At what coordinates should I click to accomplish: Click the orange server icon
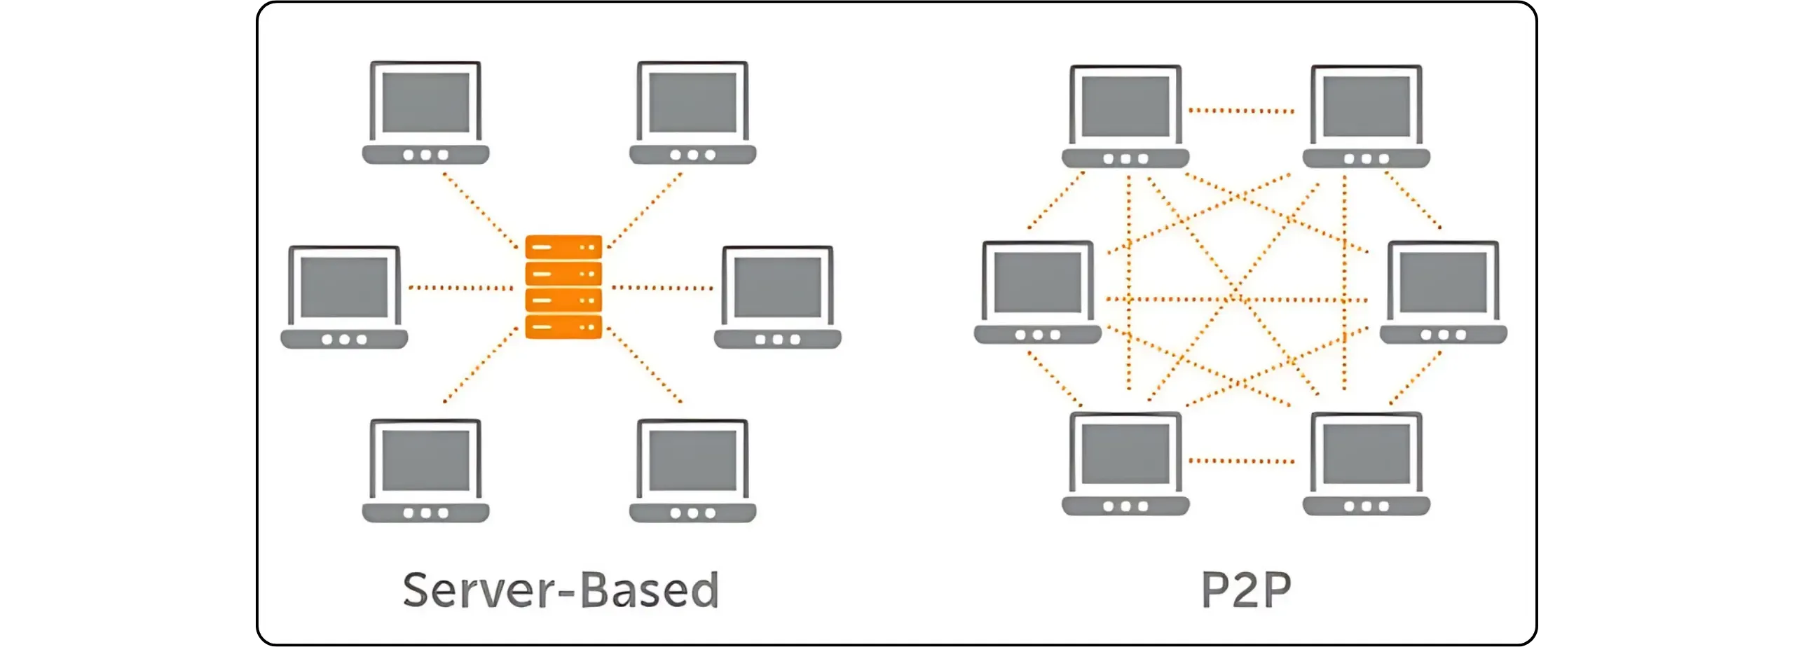pos(563,287)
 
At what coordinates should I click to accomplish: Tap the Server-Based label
pos(561,590)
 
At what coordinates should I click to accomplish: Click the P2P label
pos(1246,590)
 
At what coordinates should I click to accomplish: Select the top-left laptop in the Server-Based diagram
pos(425,112)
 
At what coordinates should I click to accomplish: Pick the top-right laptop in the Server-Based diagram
pos(692,112)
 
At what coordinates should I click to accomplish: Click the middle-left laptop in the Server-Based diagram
pos(344,296)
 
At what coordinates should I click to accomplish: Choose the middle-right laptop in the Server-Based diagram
pos(777,296)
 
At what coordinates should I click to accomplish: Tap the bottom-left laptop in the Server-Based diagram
pos(425,471)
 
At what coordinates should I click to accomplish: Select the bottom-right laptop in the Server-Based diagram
pos(692,471)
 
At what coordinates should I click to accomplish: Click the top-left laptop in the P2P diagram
pos(1125,116)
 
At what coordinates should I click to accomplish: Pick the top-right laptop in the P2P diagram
pos(1366,116)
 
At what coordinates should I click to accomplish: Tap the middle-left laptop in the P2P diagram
pos(1038,292)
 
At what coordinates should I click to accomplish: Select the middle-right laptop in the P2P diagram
pos(1443,292)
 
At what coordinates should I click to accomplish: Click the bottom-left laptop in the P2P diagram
pos(1125,464)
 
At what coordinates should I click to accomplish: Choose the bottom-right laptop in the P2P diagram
pos(1366,464)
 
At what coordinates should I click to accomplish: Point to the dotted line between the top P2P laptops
pos(1242,111)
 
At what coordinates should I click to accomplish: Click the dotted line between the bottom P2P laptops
pos(1242,461)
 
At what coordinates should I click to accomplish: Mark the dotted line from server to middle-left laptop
pos(460,288)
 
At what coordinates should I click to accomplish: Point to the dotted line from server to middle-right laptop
pos(662,288)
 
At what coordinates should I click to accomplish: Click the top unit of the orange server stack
pos(563,247)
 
